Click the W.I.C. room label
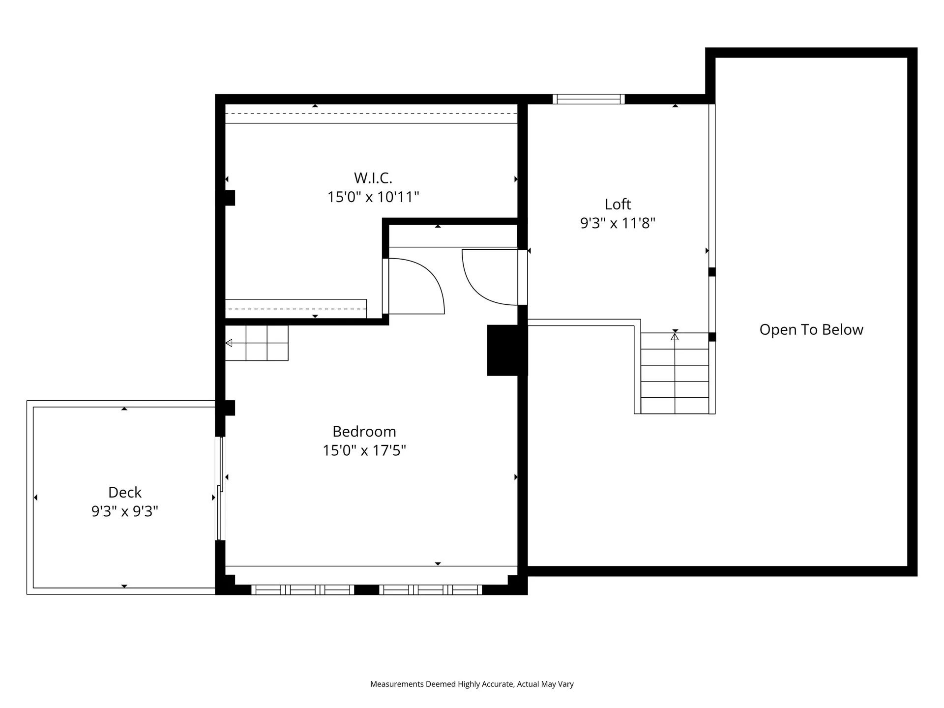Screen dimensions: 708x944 point(373,177)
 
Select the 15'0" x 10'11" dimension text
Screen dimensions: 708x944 point(373,197)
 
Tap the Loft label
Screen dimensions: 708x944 point(618,204)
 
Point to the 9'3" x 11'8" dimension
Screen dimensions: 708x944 point(618,223)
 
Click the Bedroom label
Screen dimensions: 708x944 point(364,431)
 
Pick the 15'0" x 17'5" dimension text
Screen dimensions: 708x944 point(364,450)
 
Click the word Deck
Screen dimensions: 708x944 point(124,492)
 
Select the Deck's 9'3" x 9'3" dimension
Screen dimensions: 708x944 point(124,511)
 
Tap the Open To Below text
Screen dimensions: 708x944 point(811,329)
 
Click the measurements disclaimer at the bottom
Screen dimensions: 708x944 point(472,684)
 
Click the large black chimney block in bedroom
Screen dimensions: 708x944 point(506,350)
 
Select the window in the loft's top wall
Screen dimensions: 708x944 point(589,99)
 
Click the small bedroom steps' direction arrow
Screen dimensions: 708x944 point(229,343)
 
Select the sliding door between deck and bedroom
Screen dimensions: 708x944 point(220,489)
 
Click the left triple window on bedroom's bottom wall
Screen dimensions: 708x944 point(302,590)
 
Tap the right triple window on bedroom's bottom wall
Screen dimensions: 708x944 point(430,590)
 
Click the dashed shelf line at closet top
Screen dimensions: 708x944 point(371,114)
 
